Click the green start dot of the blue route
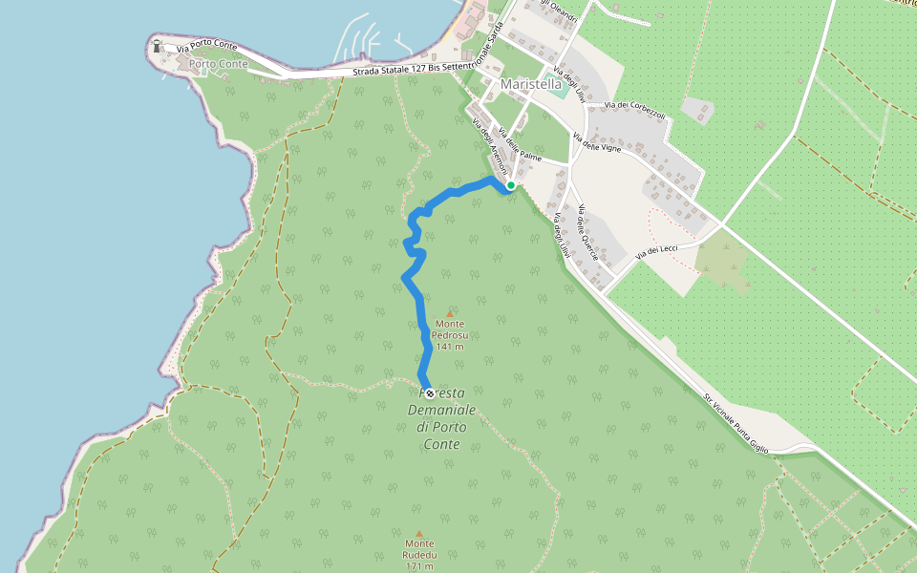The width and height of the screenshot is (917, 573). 511,185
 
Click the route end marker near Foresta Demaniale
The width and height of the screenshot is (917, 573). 429,393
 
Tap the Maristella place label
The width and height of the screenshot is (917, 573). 531,84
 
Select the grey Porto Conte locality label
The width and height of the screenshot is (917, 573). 219,65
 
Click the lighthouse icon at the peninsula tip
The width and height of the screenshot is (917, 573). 157,45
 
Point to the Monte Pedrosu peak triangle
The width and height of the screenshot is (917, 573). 450,313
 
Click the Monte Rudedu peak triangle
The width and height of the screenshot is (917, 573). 418,534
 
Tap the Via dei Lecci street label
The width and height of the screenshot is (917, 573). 656,251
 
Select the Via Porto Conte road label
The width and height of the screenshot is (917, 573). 206,45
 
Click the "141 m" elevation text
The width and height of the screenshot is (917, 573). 450,347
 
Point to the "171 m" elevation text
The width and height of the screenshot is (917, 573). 418,567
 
